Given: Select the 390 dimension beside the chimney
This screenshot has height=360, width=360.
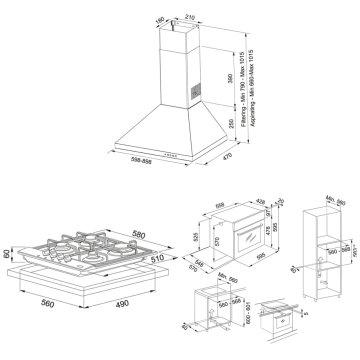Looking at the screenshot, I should [x=229, y=77].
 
